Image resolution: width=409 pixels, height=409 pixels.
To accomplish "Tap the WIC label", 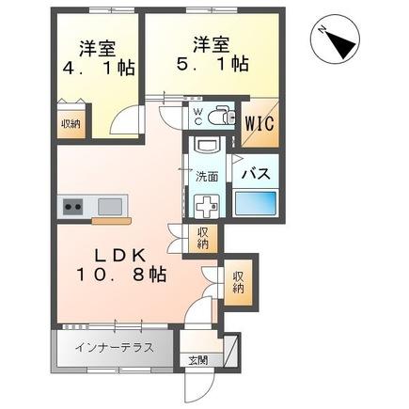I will coord(260,122).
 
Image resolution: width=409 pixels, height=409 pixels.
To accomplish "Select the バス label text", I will coord(259,174).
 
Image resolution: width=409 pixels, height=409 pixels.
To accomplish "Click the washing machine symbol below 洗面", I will coord(206,203).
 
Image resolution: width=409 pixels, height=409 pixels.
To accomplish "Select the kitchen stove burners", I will coord(71,206).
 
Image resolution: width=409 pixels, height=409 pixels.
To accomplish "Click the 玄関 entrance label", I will coord(197,360).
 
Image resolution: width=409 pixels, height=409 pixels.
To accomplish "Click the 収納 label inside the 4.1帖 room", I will coord(71,122).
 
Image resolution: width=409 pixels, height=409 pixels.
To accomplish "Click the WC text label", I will coord(198,115).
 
